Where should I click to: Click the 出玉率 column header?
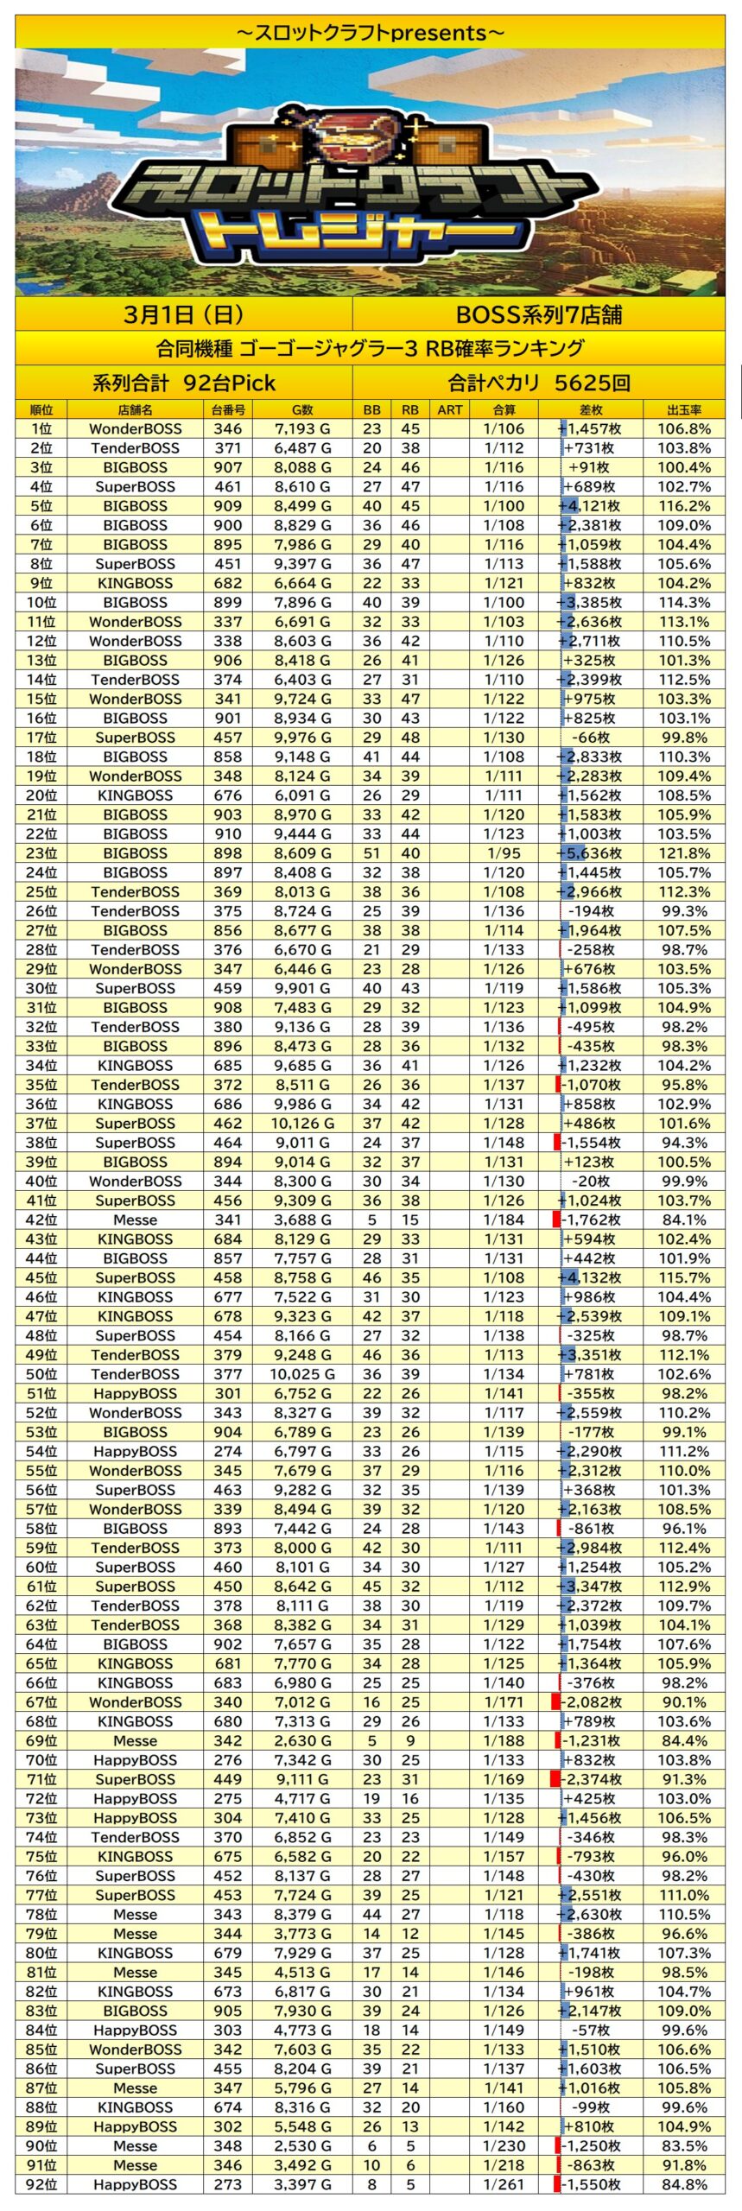(x=683, y=409)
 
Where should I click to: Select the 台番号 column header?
(x=228, y=409)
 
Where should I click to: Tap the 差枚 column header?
(x=590, y=409)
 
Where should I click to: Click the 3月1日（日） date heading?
(x=183, y=314)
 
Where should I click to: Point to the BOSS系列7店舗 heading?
(x=538, y=314)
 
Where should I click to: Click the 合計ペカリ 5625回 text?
(x=538, y=383)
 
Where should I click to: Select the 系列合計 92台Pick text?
(x=183, y=383)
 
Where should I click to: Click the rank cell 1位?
(x=41, y=429)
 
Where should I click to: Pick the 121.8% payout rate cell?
(x=683, y=853)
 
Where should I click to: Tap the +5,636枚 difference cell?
(x=590, y=853)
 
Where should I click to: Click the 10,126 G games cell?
(x=302, y=1124)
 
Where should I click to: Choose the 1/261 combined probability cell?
(x=504, y=2184)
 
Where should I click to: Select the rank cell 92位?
(x=41, y=2184)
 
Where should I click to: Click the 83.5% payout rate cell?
(x=683, y=2145)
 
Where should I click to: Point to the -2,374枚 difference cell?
(x=590, y=1779)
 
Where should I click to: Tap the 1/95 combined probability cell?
(x=504, y=853)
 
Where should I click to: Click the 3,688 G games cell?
(x=302, y=1220)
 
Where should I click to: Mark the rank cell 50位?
(x=41, y=1374)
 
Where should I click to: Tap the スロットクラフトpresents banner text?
(x=370, y=33)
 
